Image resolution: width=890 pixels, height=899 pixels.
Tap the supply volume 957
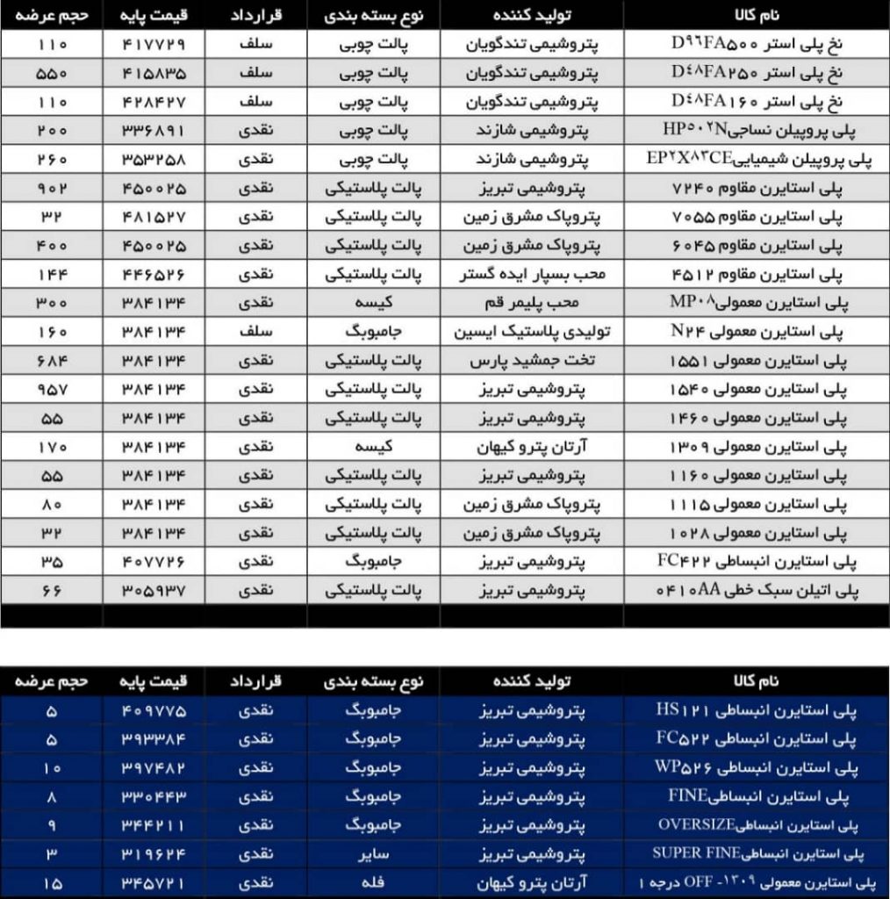point(52,390)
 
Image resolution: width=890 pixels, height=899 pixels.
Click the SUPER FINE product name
point(757,852)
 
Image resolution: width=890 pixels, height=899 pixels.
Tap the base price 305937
point(155,591)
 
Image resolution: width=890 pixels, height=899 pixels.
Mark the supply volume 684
point(52,361)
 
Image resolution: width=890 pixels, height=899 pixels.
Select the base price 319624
point(155,852)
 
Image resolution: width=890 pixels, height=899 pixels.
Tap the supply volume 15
point(52,881)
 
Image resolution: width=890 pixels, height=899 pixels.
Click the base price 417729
point(155,44)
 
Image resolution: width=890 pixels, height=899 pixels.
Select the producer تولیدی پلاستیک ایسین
point(530,332)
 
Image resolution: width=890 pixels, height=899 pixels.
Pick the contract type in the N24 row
point(256,332)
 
